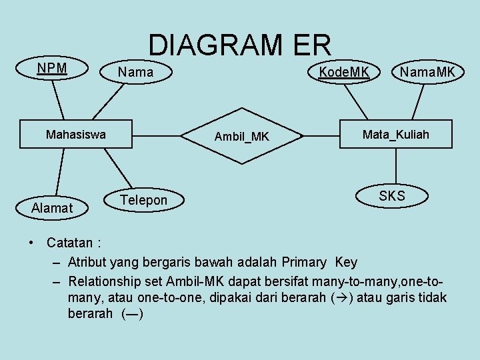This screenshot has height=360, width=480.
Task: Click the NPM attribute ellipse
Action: coord(51,69)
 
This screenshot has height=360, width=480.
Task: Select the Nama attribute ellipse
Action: coord(135,72)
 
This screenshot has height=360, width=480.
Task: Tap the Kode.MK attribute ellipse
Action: coord(344,72)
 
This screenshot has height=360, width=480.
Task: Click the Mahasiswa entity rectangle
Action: coord(75,135)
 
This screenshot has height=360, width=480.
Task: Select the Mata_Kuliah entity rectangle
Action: coord(395,135)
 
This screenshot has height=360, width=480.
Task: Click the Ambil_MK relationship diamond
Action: coord(242,136)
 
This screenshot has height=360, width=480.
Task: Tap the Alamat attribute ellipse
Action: coord(52,208)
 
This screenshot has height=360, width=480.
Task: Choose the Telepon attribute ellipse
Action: coord(143,200)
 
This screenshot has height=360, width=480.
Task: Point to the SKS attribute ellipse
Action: coord(391,195)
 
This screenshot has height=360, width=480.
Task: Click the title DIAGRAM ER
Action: coord(239,45)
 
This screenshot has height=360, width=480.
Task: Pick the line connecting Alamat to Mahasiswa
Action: coord(59,172)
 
